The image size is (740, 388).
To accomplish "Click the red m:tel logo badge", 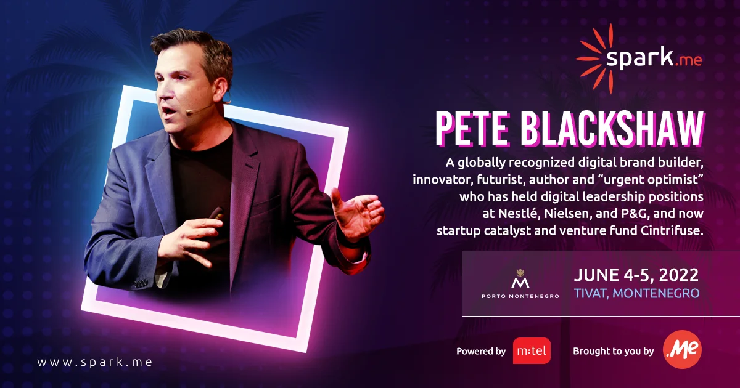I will tap(532, 351).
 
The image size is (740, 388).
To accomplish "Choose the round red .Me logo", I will tap(682, 351).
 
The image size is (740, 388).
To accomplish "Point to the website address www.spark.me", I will tap(94, 362).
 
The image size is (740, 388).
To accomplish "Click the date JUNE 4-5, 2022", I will tap(636, 275).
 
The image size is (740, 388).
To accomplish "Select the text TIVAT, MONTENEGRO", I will tap(636, 294).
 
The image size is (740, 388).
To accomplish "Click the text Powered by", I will tap(481, 352).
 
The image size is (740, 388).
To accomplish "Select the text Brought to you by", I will tap(613, 352).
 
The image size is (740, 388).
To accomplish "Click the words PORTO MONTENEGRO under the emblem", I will tap(520, 296).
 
